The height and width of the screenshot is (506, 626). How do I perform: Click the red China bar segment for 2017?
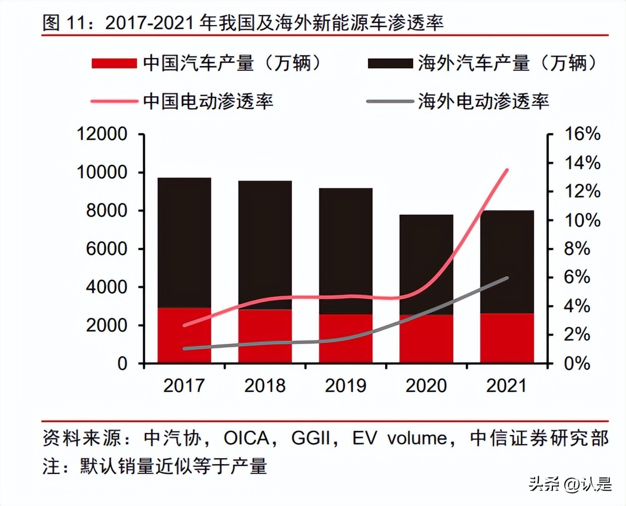point(184,335)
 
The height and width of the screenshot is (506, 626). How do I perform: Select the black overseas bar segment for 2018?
point(265,245)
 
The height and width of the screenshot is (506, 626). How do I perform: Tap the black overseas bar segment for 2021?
point(507,262)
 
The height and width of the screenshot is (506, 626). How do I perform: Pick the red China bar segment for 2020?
point(426,339)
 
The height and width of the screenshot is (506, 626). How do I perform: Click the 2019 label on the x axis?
point(345,386)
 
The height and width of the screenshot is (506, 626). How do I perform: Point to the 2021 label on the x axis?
point(507,386)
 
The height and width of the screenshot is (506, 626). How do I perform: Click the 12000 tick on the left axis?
point(102,134)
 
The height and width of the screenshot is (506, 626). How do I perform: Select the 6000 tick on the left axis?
point(106,248)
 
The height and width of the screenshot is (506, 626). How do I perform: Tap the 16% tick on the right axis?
point(582,134)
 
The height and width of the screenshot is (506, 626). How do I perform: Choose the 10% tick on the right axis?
point(582,220)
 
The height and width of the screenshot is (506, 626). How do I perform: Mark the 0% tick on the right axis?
point(577,363)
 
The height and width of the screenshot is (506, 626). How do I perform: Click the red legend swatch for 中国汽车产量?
point(114,64)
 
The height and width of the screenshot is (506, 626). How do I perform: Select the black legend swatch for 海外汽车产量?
point(390,64)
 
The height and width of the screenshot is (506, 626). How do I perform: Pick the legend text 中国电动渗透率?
point(208,101)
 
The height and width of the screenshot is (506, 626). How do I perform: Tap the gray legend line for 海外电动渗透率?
point(390,101)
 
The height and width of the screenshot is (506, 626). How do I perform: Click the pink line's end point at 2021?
point(507,170)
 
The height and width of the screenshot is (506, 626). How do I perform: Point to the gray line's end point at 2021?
point(507,278)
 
